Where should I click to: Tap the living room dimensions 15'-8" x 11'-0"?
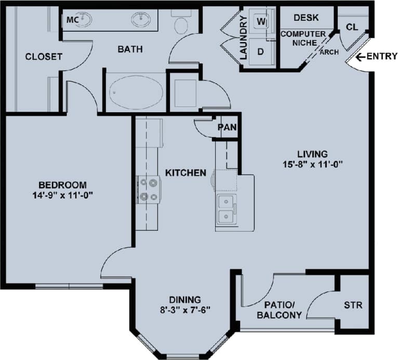[312, 164]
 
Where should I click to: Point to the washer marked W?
[261, 22]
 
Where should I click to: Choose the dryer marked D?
[261, 52]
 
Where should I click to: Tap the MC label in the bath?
[72, 20]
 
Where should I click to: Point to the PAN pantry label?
[227, 127]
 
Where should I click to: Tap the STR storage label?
[353, 305]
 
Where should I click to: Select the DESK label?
[306, 18]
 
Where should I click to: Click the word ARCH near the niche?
[329, 52]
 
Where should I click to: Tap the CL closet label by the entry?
[352, 26]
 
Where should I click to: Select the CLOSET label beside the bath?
[44, 56]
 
